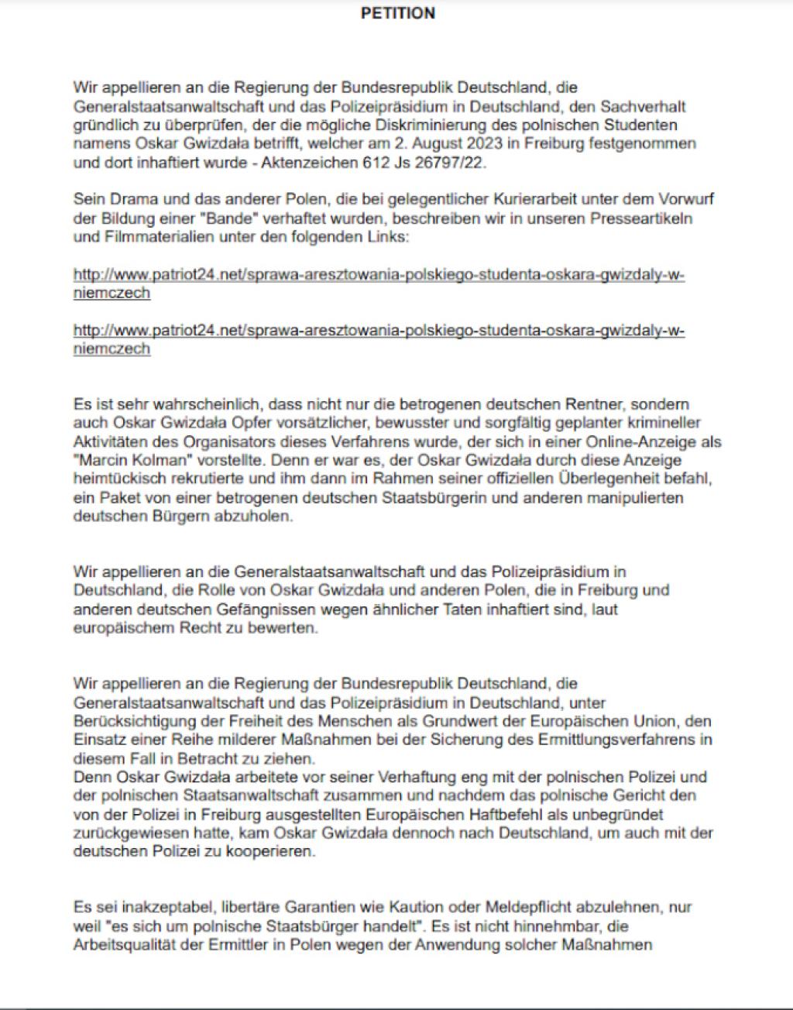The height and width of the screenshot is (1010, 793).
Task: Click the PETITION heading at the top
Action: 398,13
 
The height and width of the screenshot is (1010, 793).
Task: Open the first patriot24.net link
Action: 379,275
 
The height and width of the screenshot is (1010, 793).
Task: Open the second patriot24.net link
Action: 379,331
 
